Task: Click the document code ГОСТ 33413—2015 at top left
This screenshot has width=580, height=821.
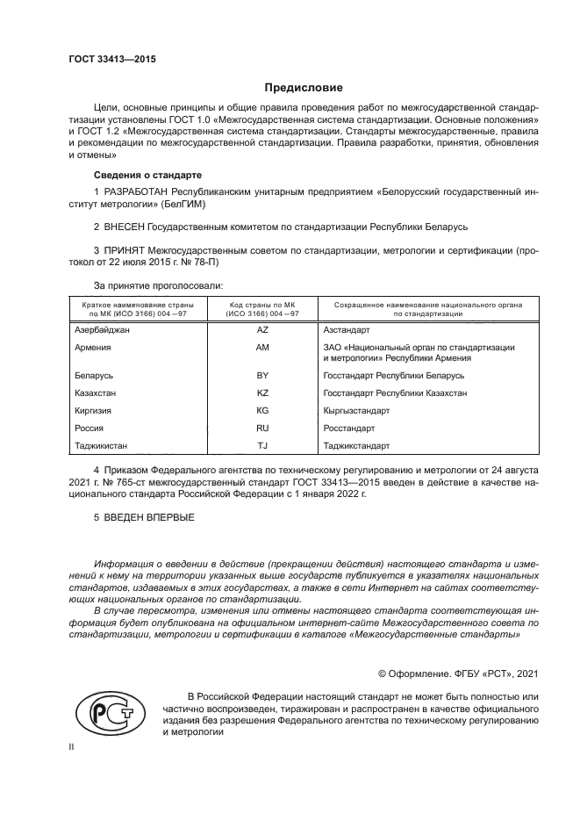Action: [x=105, y=58]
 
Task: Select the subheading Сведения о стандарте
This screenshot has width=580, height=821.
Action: [x=147, y=175]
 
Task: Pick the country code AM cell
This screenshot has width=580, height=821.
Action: [x=261, y=347]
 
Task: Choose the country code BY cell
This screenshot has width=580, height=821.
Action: [x=261, y=375]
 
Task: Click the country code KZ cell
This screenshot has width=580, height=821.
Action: [x=261, y=392]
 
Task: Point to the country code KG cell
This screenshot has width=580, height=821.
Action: [x=261, y=410]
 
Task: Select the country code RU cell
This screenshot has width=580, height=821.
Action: [x=261, y=428]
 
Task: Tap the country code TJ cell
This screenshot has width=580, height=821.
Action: [x=261, y=445]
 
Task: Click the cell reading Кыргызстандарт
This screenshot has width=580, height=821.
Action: [x=356, y=410]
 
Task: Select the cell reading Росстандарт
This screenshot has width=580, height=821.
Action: [x=349, y=428]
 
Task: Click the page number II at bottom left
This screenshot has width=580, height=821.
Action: [x=72, y=747]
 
